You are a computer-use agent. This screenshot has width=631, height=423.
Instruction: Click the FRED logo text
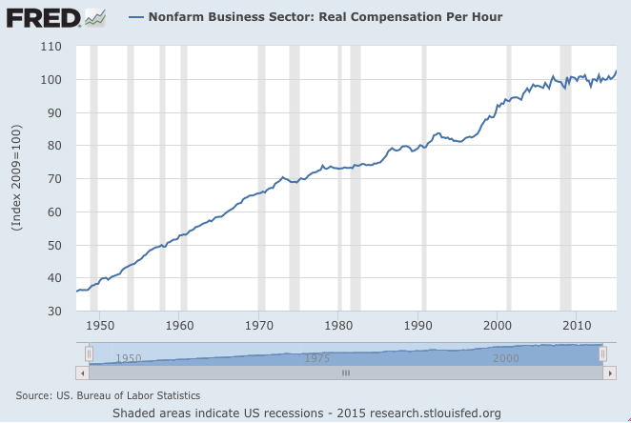tap(43, 16)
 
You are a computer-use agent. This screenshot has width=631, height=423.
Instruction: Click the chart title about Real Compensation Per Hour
tap(325, 17)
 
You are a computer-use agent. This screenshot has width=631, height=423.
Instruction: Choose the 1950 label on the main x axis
tap(100, 325)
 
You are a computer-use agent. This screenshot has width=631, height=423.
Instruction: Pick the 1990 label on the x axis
tap(418, 325)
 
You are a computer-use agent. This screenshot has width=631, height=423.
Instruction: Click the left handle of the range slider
tap(89, 353)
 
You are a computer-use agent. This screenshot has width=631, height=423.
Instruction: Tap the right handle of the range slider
tap(603, 353)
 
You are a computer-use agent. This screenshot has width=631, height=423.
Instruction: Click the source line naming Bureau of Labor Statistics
tap(108, 394)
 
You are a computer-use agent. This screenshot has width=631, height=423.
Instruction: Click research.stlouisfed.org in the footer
tap(438, 413)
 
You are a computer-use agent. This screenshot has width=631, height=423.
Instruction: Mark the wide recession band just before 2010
tap(565, 177)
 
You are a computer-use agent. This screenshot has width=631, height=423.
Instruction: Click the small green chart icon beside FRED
tap(95, 16)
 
